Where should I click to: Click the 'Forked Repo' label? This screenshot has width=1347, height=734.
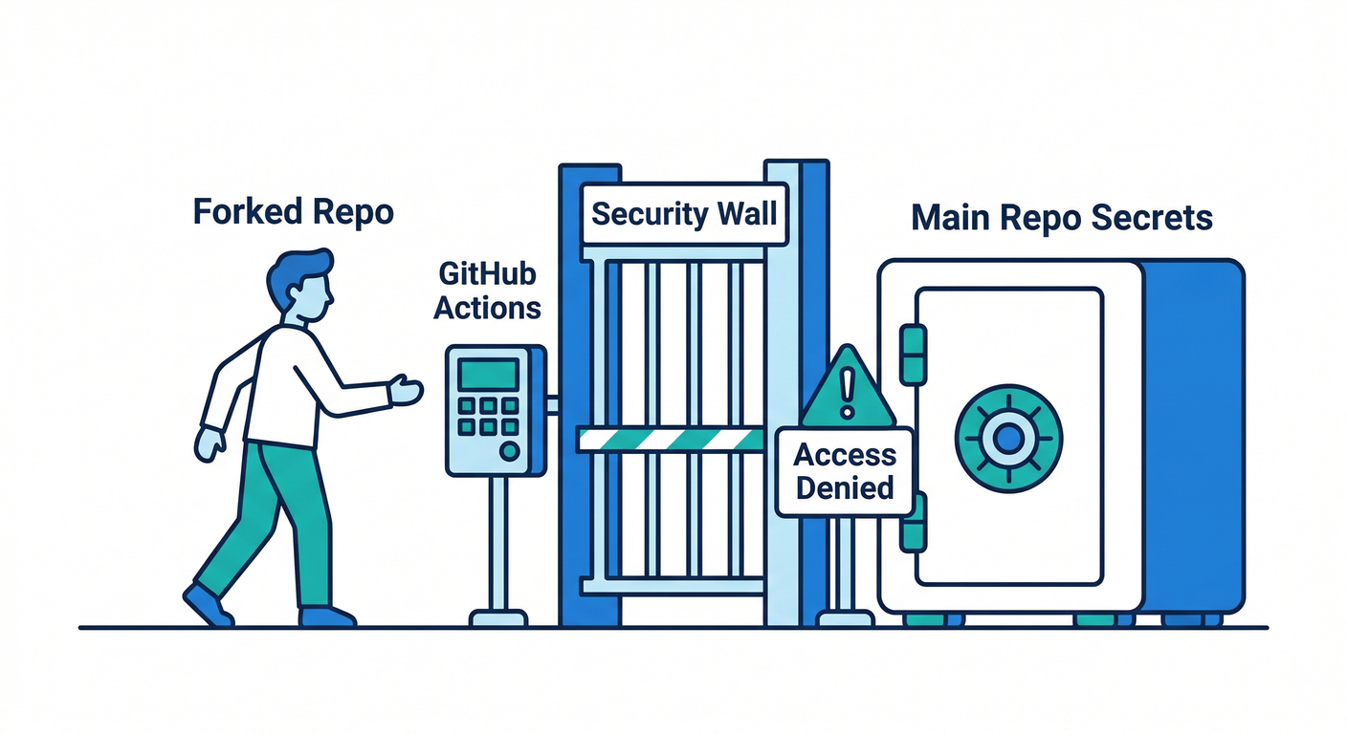click(293, 212)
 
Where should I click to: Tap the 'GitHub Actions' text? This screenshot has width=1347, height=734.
click(489, 291)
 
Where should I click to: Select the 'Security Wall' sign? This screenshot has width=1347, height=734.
click(684, 213)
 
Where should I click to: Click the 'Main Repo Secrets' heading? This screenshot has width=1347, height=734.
click(1061, 218)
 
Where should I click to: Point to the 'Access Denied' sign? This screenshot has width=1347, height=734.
click(845, 471)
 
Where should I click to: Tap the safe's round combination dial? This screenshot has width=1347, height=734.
click(1007, 439)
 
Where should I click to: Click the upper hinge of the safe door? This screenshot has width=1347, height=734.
click(914, 354)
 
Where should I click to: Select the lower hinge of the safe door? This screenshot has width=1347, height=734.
click(914, 522)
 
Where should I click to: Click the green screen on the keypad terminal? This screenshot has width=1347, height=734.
click(487, 375)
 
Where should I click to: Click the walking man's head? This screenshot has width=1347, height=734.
click(300, 286)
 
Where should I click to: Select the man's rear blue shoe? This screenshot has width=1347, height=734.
click(207, 605)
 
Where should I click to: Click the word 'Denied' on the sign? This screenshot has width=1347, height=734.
click(845, 488)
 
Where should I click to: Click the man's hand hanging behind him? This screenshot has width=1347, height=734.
click(209, 443)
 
